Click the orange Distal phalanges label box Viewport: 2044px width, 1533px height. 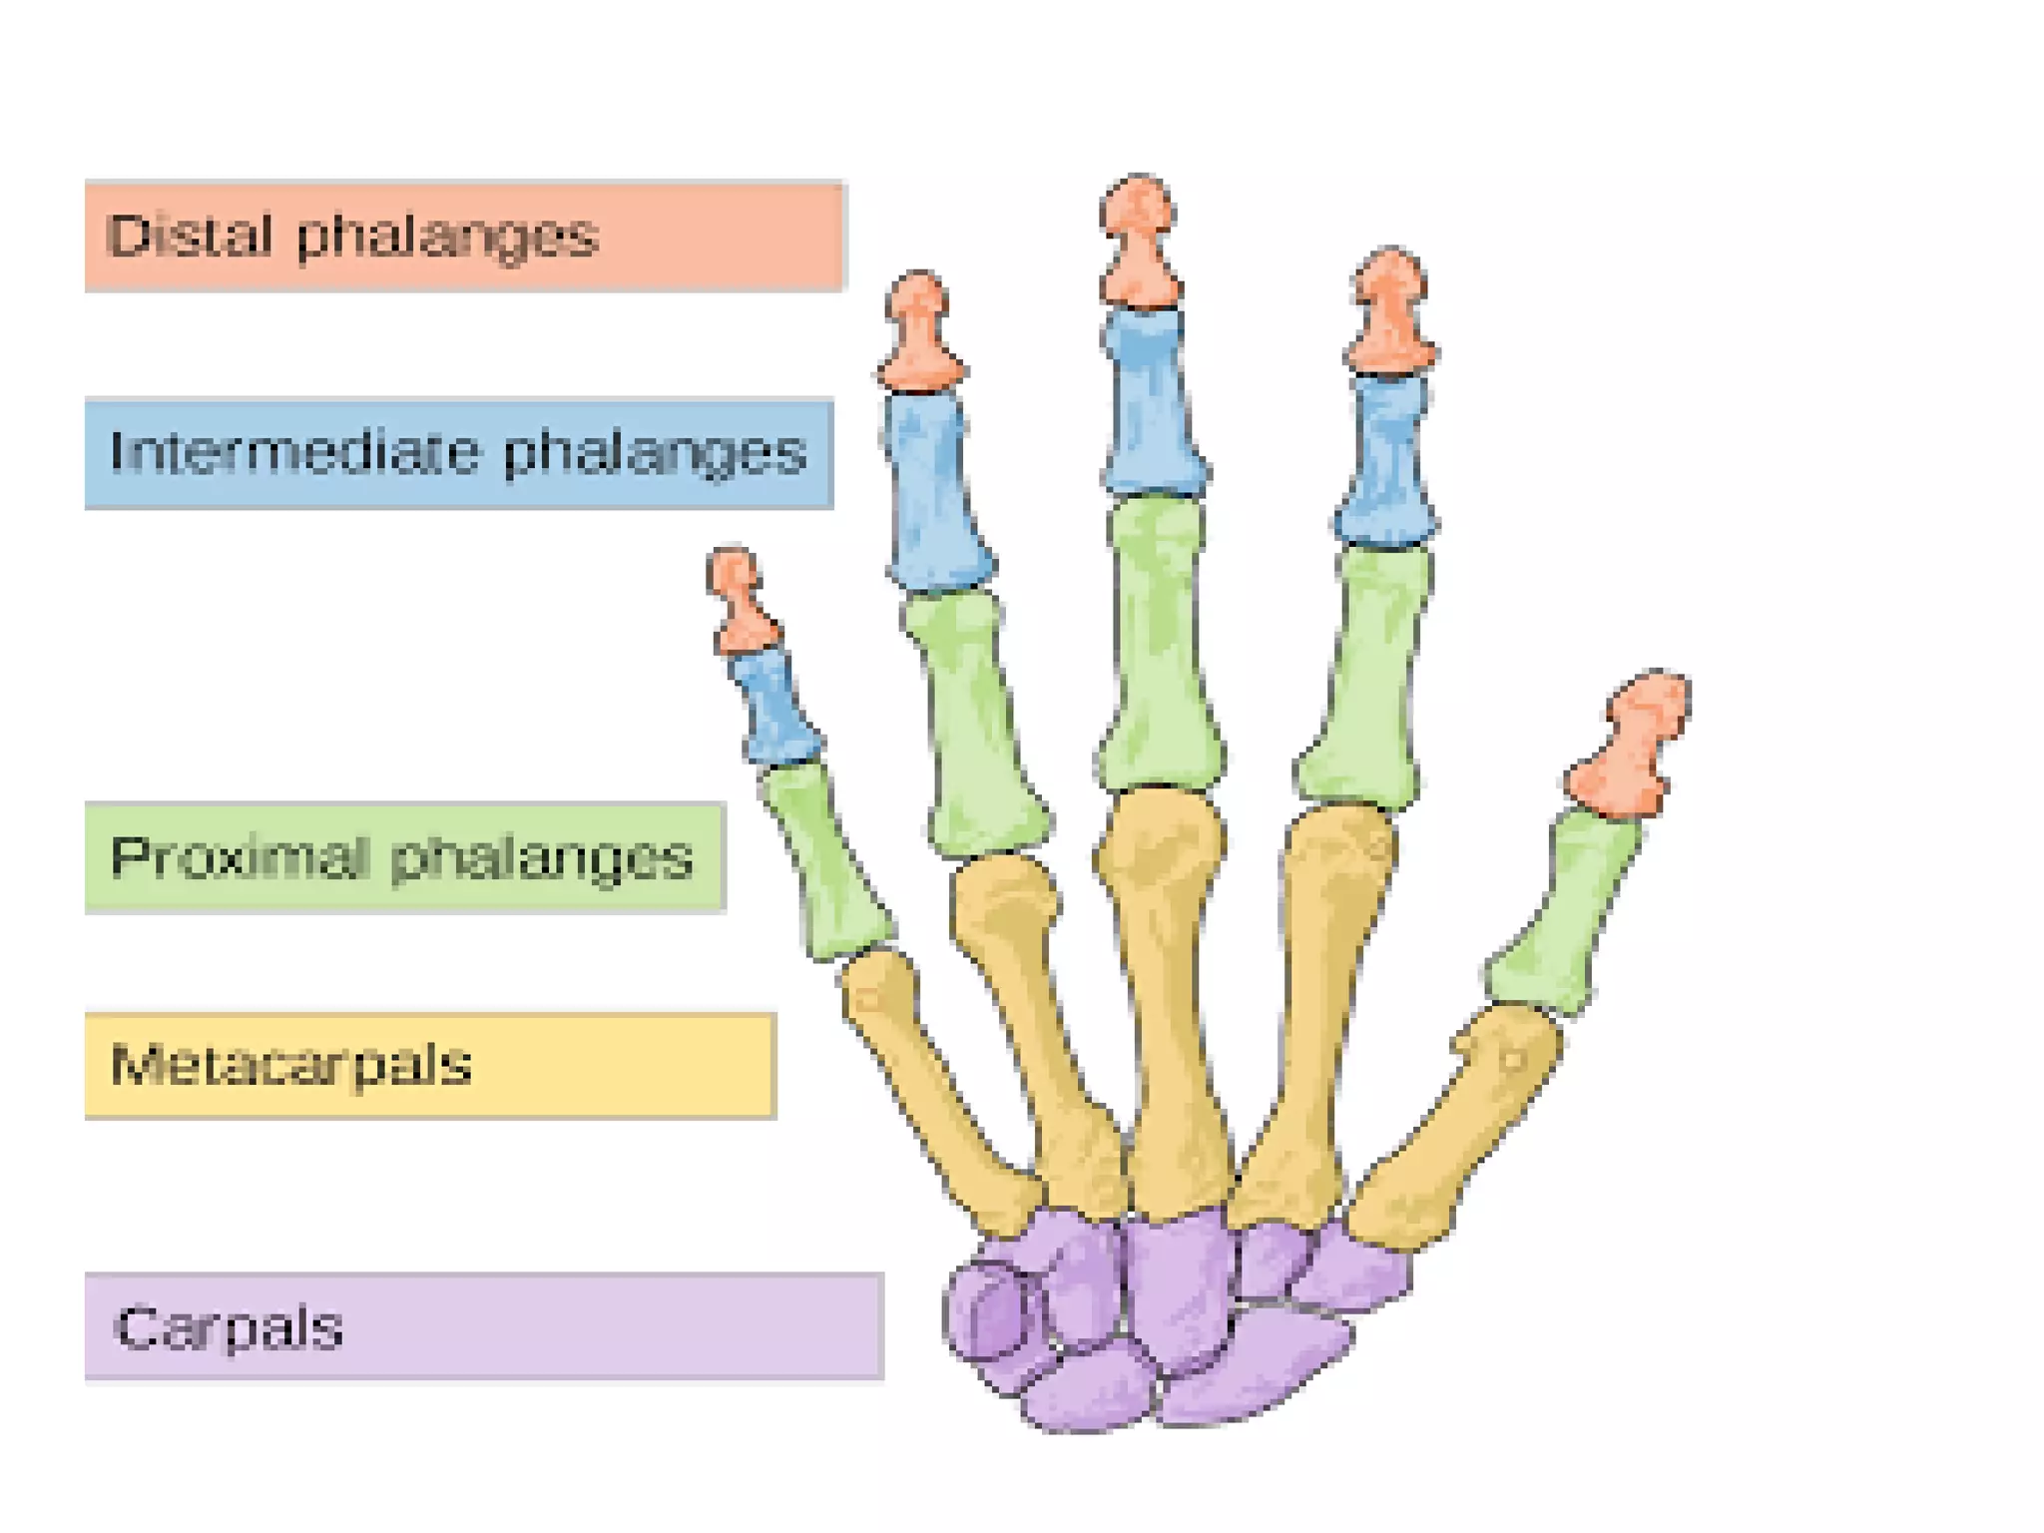(464, 237)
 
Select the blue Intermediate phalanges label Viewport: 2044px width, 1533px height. (459, 454)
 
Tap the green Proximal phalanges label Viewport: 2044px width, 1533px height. (404, 857)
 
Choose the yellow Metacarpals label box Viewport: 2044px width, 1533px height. (429, 1065)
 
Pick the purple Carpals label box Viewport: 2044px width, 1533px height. (484, 1327)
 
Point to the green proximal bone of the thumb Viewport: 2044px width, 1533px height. (1562, 913)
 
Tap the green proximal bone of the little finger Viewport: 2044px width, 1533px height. (823, 858)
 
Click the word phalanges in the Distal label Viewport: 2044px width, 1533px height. (447, 238)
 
